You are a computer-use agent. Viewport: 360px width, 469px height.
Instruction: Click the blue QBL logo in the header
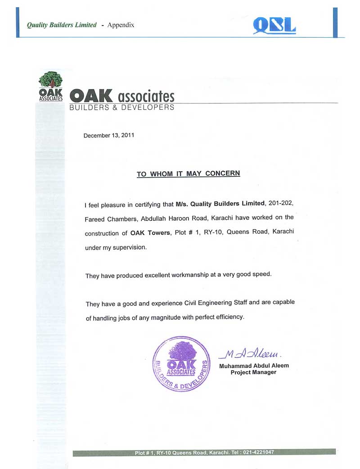tap(274, 26)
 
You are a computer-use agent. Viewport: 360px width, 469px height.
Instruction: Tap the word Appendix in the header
tap(121, 25)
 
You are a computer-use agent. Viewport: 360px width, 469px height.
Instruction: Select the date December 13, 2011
tap(108, 135)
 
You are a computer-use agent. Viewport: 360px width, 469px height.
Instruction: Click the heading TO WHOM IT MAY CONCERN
tap(188, 174)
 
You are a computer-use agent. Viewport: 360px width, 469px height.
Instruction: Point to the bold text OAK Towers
tap(149, 233)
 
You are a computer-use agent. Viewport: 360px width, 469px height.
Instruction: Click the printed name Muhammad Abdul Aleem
tap(254, 366)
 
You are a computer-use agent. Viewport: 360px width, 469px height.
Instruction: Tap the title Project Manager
tap(253, 372)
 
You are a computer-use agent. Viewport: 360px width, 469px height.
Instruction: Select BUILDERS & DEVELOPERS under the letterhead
tap(121, 107)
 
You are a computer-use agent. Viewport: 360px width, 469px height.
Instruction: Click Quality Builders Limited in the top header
tap(62, 25)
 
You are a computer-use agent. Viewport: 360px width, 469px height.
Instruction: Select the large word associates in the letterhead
tap(145, 96)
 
